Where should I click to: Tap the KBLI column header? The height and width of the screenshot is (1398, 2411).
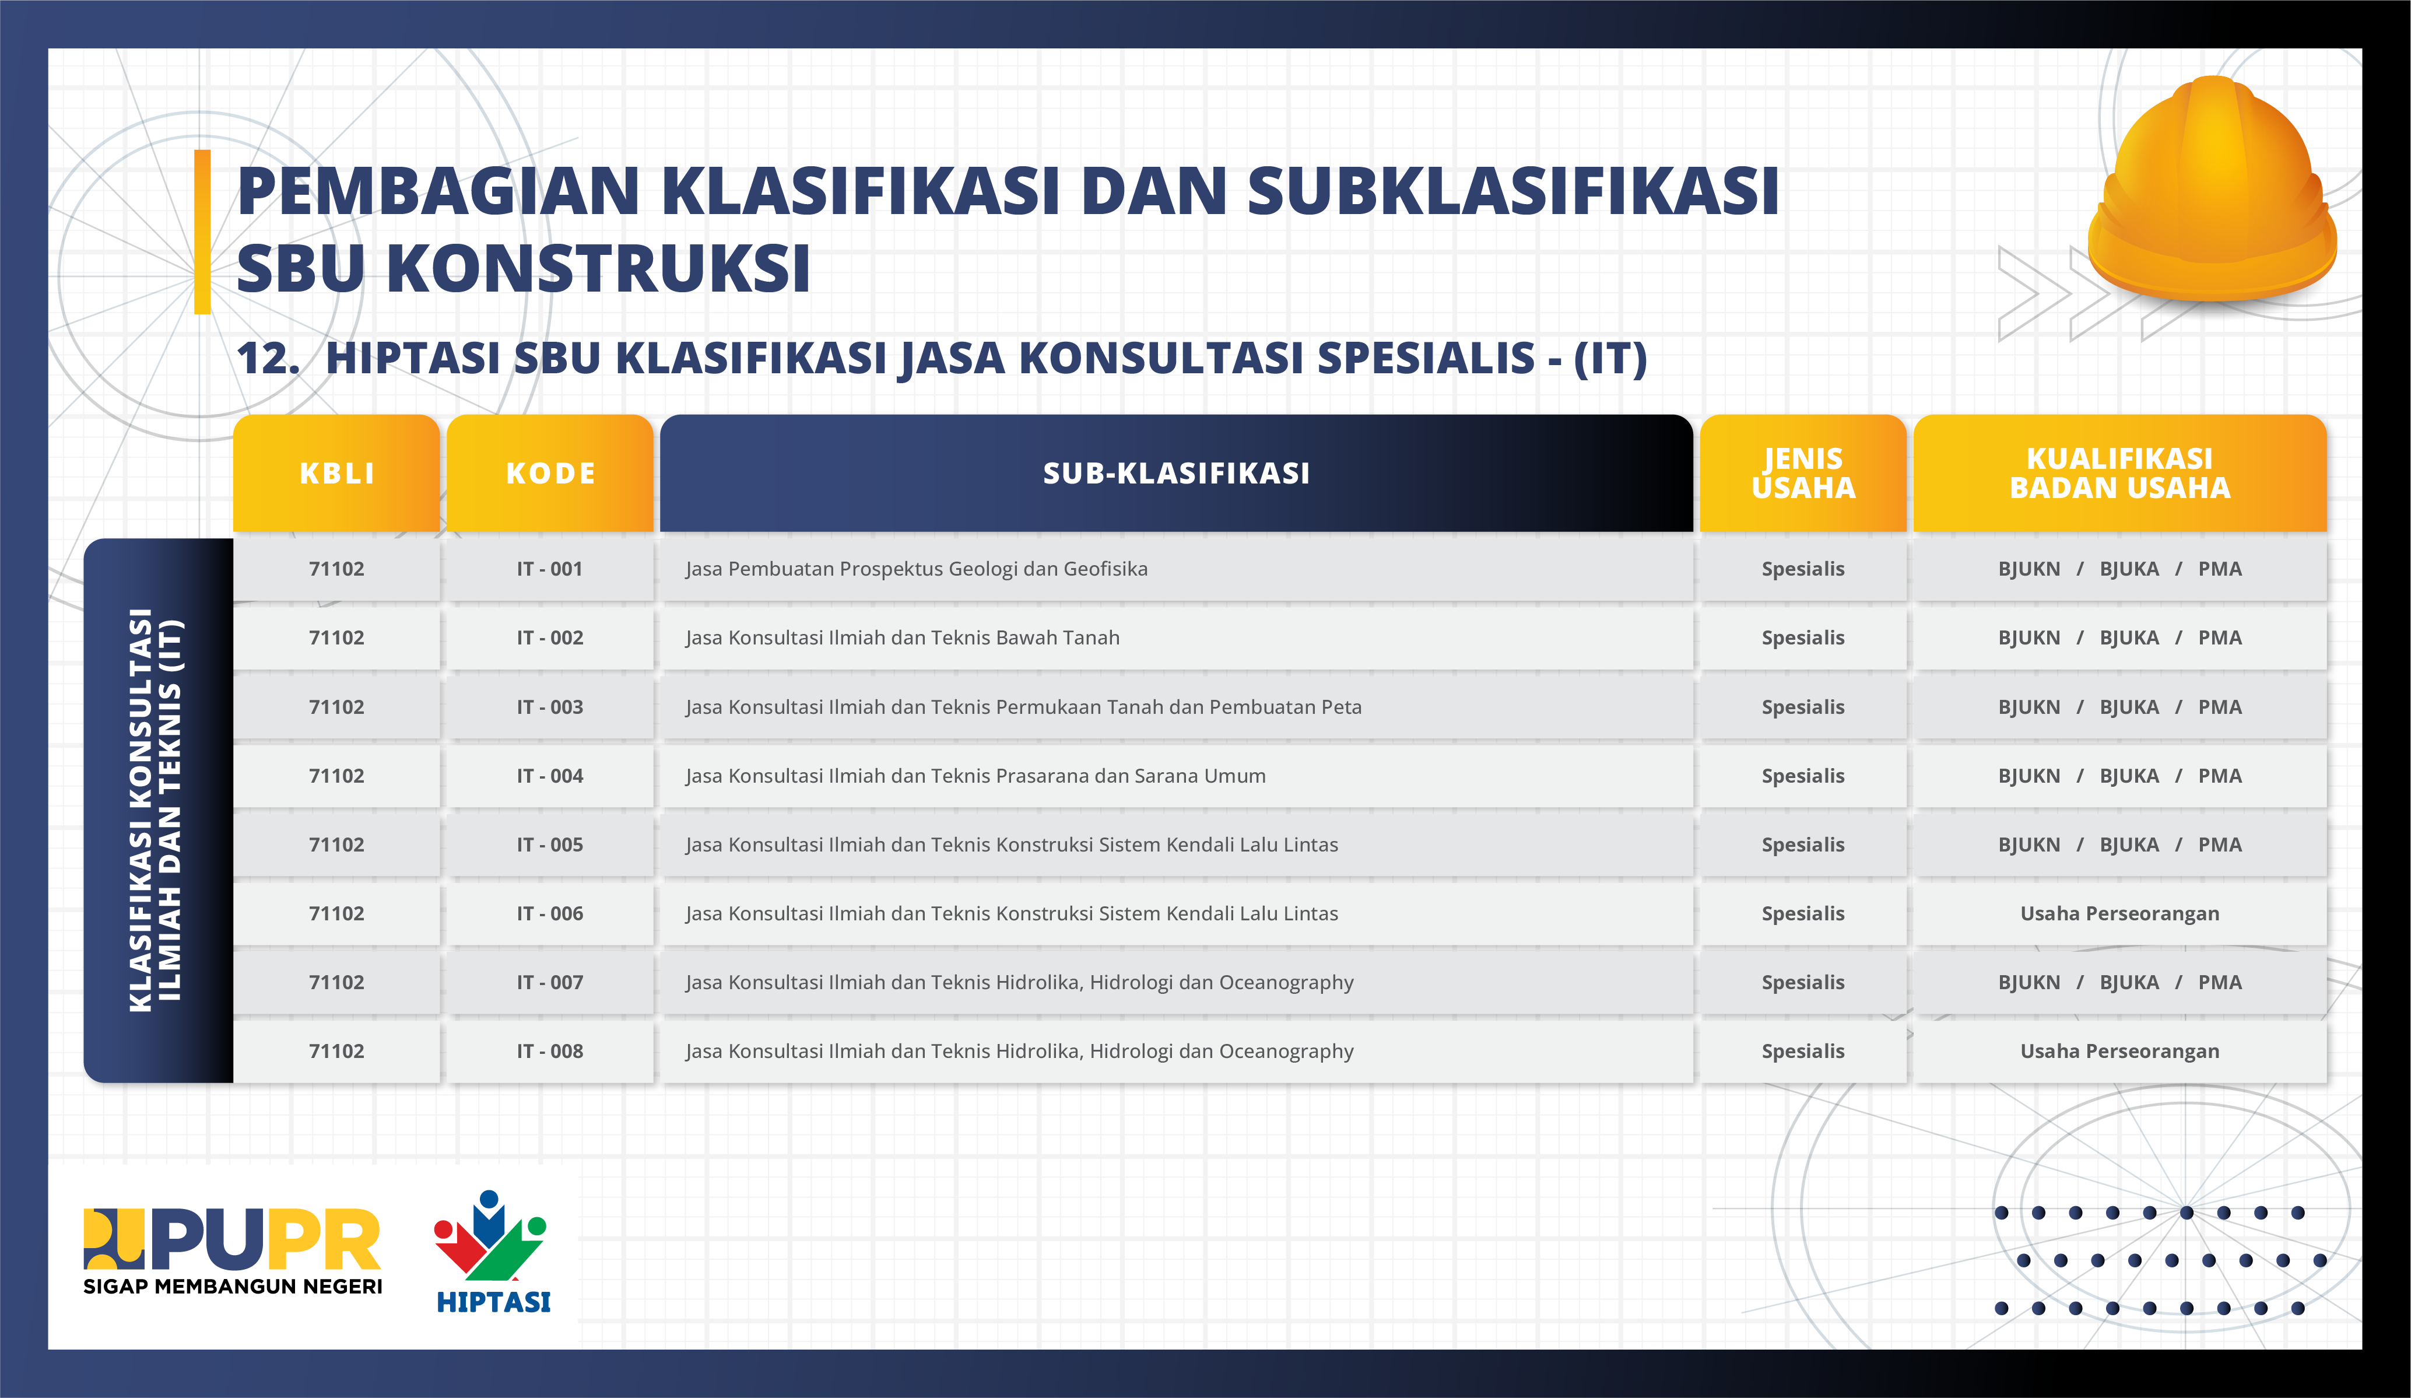click(337, 472)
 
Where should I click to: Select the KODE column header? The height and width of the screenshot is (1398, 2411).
click(550, 472)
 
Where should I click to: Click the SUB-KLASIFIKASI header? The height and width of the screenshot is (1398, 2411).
click(1176, 472)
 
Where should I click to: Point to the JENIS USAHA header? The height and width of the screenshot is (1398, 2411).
click(1802, 472)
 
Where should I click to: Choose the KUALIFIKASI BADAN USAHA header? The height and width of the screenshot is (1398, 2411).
click(2119, 472)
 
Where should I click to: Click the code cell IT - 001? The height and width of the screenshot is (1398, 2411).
click(550, 569)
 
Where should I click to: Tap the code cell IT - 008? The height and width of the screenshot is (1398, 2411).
click(550, 1050)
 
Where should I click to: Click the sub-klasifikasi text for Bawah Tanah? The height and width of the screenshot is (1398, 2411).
click(902, 637)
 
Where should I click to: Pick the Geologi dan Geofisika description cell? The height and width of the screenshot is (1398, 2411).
click(917, 569)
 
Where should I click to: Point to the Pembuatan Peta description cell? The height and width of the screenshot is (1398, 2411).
click(1023, 707)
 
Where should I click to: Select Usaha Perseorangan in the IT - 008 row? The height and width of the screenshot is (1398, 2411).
click(2119, 1050)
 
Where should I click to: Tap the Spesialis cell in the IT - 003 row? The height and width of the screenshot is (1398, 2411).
click(1802, 707)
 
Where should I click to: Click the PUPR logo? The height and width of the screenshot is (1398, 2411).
click(233, 1250)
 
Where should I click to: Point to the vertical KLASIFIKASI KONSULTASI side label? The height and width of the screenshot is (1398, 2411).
click(156, 810)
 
